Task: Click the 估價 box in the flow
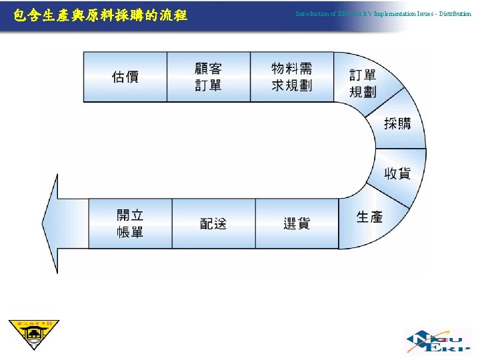[125, 77]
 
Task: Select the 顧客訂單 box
[208, 77]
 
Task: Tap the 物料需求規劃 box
[291, 77]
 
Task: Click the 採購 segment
[398, 123]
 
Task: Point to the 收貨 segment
[397, 173]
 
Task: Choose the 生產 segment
[369, 217]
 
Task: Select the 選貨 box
[297, 224]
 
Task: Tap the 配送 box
[213, 224]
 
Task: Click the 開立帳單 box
[130, 224]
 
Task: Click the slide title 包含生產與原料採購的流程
[100, 14]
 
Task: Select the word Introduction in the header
[312, 13]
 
